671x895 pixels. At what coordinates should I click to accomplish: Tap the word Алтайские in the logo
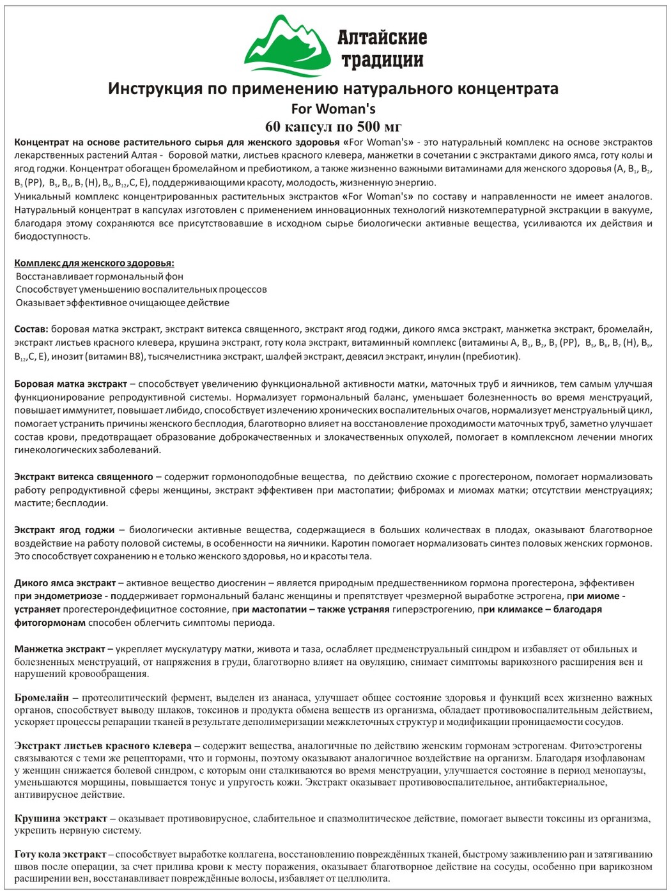(382, 37)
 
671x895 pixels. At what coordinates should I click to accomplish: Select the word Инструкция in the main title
(154, 88)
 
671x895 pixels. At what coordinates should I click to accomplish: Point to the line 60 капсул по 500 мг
(333, 125)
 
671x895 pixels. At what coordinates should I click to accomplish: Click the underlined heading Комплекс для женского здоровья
(94, 263)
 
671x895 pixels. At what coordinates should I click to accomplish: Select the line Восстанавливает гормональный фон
(100, 276)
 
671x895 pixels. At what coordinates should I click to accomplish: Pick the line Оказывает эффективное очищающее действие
(123, 302)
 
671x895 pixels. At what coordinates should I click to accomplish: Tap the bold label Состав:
(31, 329)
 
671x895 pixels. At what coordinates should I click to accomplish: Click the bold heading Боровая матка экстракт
(71, 384)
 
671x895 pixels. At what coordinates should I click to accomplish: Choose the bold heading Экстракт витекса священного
(84, 476)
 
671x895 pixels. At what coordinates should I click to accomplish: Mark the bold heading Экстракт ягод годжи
(65, 529)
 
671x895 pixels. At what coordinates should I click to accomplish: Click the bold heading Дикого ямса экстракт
(65, 583)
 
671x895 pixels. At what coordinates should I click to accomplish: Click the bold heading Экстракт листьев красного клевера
(103, 745)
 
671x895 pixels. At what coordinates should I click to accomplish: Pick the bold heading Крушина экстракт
(61, 818)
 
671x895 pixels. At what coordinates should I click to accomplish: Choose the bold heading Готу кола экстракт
(60, 854)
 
